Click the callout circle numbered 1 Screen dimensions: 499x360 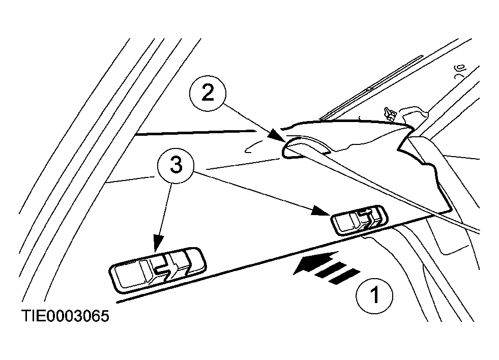click(374, 296)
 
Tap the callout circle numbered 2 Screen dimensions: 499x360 click(208, 94)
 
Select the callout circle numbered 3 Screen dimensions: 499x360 click(175, 165)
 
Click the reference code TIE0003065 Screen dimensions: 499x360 click(65, 316)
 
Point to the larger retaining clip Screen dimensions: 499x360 click(158, 269)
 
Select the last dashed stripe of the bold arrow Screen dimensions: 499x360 click(344, 276)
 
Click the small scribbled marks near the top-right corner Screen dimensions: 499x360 click(459, 71)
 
